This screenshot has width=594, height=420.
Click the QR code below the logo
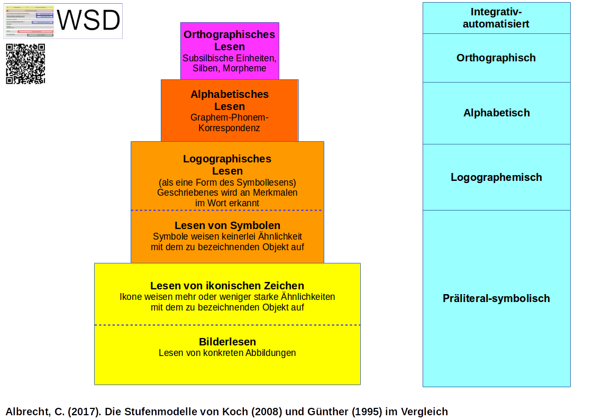tap(25, 64)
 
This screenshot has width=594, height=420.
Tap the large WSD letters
tap(88, 21)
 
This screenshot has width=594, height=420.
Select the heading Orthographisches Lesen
tap(229, 41)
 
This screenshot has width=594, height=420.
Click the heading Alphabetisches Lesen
tap(230, 100)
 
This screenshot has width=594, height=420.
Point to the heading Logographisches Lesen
tap(227, 165)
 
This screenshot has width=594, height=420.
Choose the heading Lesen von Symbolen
tap(227, 226)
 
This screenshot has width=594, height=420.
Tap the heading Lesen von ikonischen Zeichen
tap(227, 286)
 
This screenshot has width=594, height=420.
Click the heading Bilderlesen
tap(227, 342)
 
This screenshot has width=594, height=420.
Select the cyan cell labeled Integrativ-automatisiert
tap(496, 18)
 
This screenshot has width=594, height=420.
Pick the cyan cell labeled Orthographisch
tap(496, 58)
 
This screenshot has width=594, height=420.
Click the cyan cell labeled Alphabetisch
tap(496, 113)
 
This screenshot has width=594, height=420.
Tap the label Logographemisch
tap(496, 177)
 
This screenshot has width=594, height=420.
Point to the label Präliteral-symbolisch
tap(496, 298)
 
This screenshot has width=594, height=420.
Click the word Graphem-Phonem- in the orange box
tap(230, 117)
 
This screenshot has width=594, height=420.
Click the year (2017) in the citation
tap(85, 412)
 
